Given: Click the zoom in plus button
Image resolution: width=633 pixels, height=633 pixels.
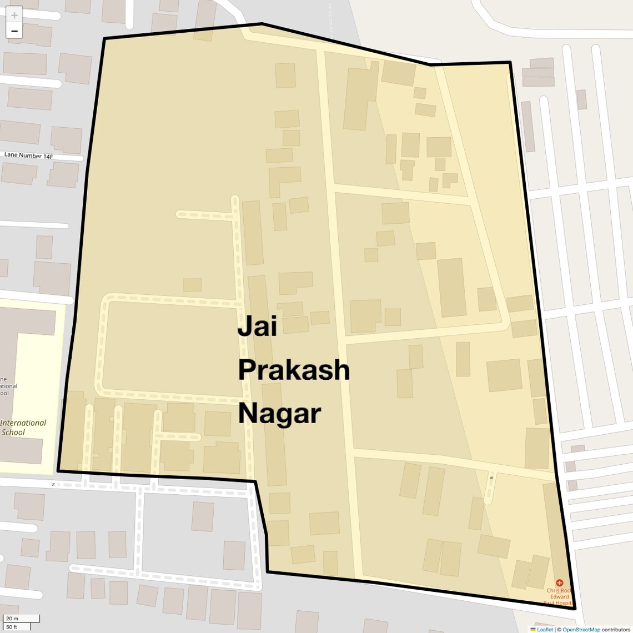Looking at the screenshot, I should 14,15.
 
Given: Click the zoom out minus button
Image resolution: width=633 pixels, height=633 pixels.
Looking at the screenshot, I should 14,31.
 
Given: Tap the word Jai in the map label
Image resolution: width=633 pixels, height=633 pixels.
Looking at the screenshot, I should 257,326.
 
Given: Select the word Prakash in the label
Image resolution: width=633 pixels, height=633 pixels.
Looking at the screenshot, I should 294,370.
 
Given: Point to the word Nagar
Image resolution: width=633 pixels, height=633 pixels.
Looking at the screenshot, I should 279,414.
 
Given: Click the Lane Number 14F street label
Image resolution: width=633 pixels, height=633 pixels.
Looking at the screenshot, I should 29,156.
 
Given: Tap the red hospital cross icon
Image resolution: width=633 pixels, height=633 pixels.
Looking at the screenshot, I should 559,583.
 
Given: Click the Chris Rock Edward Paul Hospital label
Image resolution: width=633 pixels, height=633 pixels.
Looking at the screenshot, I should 559,597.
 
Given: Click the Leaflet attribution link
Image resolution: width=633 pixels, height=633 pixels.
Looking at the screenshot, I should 545,630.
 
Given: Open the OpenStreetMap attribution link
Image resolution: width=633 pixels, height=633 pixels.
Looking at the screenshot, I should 581,630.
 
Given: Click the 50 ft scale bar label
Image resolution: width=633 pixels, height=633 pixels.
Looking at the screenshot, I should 12,627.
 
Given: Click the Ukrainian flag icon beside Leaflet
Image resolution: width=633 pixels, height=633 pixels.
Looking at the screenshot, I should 533,630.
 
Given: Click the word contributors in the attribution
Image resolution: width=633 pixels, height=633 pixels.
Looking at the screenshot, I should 616,630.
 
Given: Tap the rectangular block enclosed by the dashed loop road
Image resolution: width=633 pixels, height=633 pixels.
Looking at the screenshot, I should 169,348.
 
